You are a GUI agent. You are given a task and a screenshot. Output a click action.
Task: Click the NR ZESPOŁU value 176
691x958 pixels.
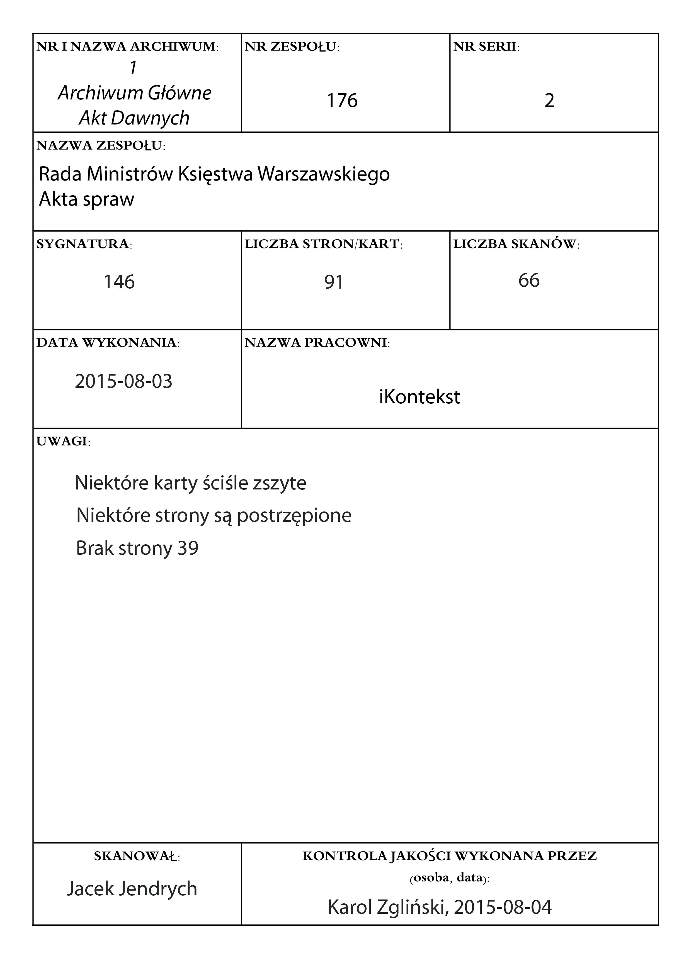[342, 101]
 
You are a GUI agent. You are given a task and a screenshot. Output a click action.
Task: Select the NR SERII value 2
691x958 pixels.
[549, 101]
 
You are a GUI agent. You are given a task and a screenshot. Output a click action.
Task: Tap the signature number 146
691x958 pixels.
[119, 282]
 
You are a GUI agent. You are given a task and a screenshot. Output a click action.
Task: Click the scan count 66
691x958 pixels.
[529, 280]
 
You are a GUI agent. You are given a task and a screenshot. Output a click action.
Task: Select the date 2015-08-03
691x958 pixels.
[123, 381]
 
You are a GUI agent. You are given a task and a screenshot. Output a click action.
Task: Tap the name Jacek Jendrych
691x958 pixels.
[132, 889]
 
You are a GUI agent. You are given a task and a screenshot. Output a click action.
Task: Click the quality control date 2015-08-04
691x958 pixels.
[503, 907]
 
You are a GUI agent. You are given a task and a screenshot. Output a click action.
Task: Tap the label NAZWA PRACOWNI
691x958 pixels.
[317, 343]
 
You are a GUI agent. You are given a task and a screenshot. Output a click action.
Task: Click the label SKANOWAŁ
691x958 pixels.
[137, 856]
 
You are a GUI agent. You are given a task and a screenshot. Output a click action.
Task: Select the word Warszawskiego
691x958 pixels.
[323, 174]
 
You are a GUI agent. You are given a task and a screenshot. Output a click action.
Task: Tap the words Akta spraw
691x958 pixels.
[87, 199]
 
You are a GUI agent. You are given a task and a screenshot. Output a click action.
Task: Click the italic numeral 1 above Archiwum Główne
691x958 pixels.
[134, 68]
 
